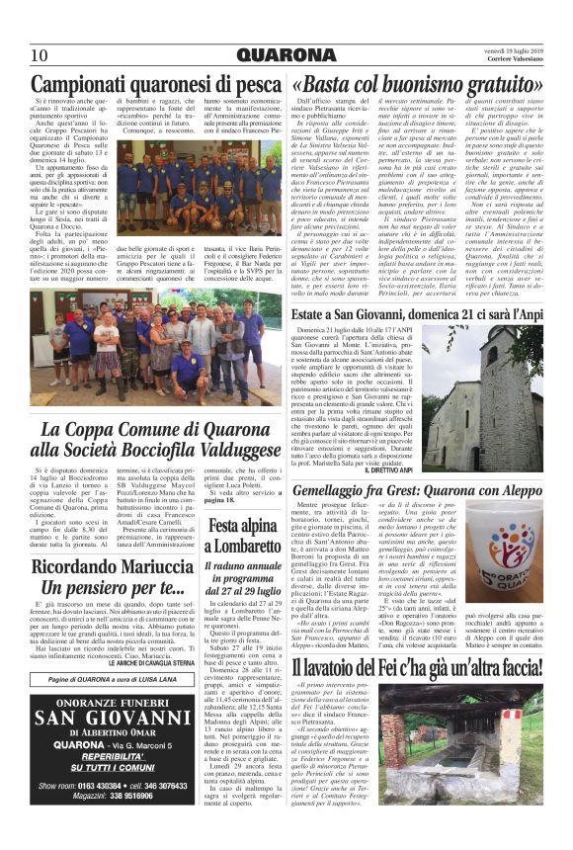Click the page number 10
point(39,55)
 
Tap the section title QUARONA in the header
point(286,54)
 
